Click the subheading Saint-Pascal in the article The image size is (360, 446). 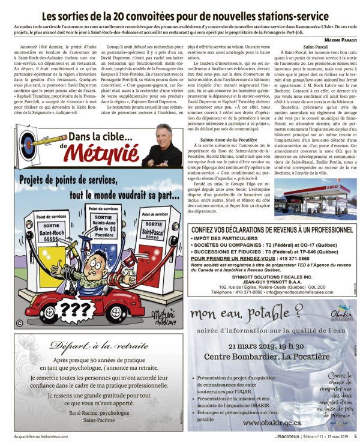(316, 46)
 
